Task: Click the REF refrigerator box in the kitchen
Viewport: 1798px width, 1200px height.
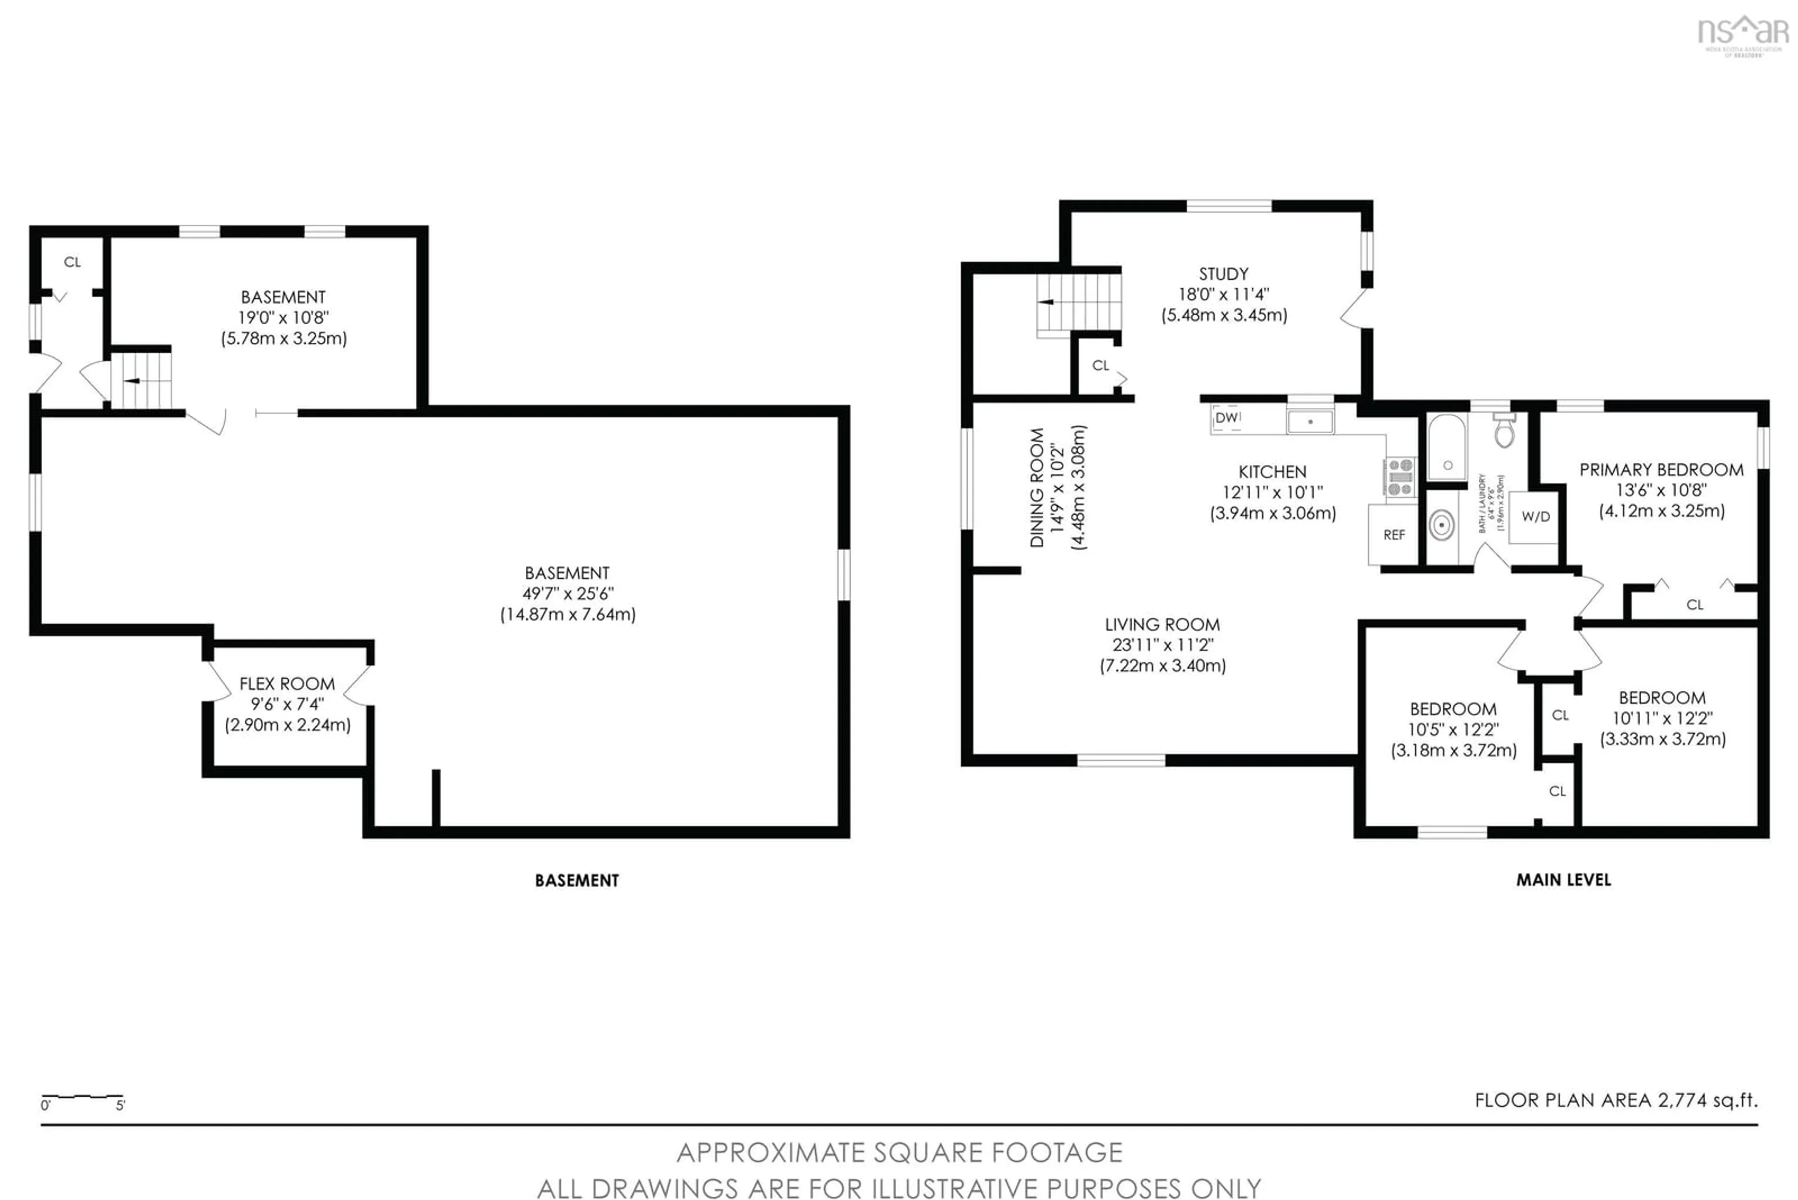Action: tap(1393, 534)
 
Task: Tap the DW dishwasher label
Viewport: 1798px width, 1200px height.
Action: tap(1226, 417)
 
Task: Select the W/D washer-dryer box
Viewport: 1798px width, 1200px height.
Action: tap(1535, 516)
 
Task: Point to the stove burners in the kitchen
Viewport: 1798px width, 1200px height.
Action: tap(1400, 477)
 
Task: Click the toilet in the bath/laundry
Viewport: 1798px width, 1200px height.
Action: tap(1504, 431)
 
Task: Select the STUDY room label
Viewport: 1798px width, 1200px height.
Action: tap(1223, 274)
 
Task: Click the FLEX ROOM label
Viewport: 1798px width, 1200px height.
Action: tap(287, 684)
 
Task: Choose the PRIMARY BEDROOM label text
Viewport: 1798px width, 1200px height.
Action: tap(1661, 470)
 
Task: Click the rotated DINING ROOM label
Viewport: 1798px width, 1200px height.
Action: tap(1037, 487)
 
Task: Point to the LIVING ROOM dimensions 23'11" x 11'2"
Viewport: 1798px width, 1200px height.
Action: tap(1163, 645)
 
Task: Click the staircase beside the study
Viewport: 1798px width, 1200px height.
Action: tap(1078, 302)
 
